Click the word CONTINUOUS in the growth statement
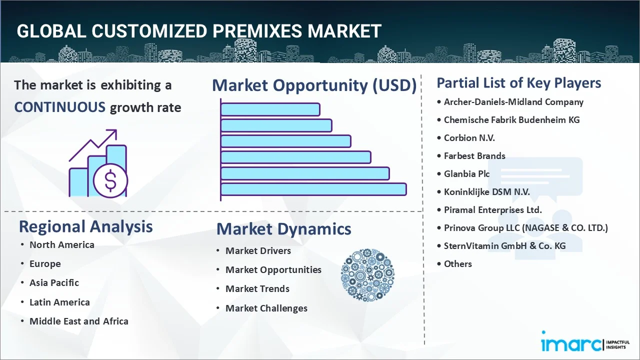point(59,107)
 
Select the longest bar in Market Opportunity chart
point(313,189)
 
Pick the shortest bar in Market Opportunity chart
point(270,109)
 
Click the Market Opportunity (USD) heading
point(314,85)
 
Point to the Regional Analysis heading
point(85,226)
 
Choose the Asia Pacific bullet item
point(54,283)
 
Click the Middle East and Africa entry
point(78,321)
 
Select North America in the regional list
point(61,245)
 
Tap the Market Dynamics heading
point(283,229)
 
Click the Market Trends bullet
point(257,289)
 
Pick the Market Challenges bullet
point(266,308)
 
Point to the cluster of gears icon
point(367,275)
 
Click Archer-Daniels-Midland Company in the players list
point(513,102)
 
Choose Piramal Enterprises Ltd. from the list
point(492,210)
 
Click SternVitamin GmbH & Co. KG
point(504,246)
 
